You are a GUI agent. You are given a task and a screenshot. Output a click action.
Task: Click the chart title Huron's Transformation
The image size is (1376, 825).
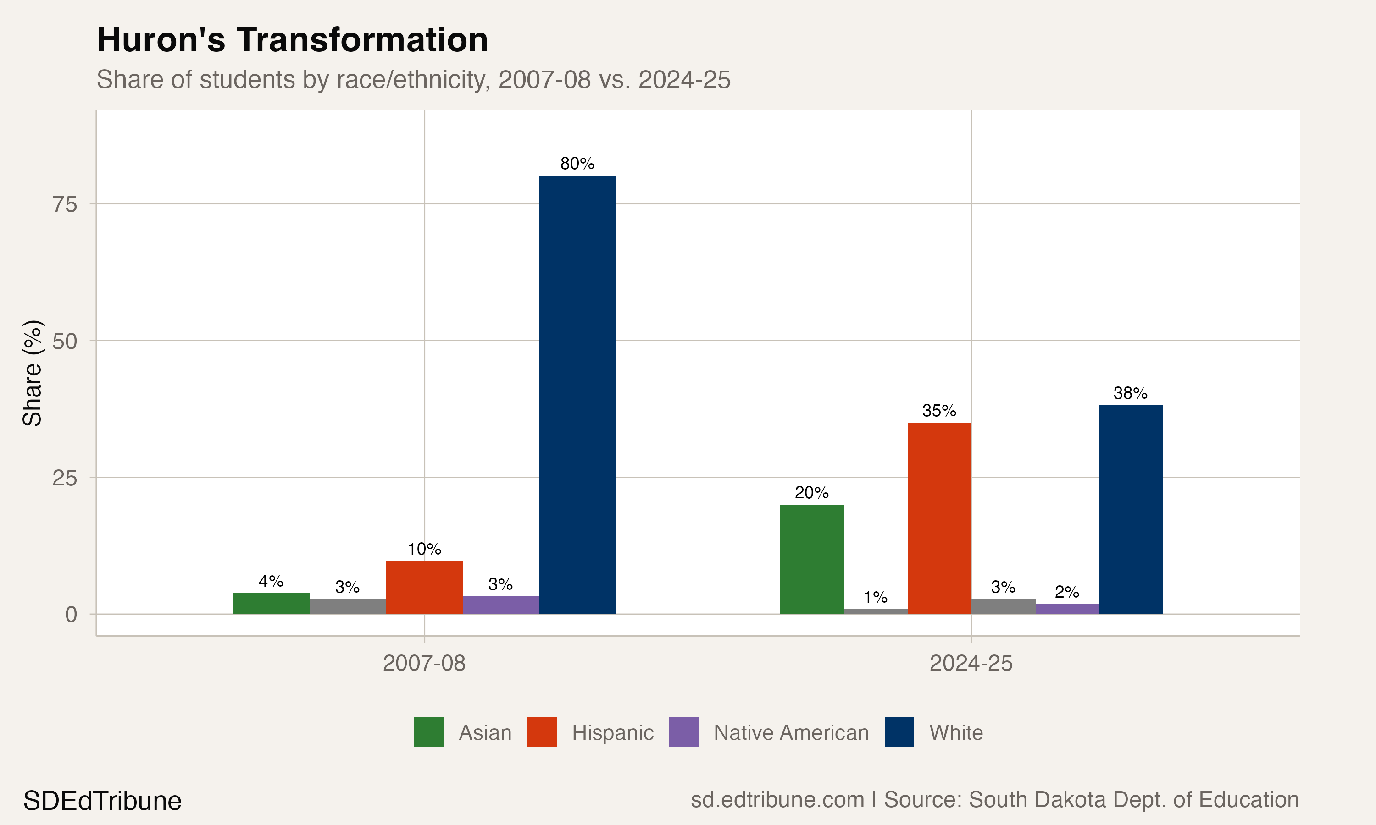point(292,41)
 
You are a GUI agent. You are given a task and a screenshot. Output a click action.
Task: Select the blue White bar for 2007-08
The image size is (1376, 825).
point(577,395)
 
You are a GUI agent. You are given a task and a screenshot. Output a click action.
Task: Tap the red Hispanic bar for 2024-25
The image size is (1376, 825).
point(939,518)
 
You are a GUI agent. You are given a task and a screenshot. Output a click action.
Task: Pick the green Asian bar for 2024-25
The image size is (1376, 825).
point(811,559)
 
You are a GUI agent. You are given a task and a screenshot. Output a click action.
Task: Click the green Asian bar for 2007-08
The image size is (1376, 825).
point(271,604)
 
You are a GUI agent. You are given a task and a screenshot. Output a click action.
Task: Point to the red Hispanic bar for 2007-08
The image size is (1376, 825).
point(424,588)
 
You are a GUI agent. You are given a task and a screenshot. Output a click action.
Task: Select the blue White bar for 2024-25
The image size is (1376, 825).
point(1131,509)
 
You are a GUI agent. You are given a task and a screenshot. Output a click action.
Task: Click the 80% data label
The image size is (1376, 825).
point(577,164)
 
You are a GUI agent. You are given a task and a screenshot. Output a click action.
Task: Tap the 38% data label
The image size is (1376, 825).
point(1130,393)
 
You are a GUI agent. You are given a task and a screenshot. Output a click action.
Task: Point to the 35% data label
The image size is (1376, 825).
point(939,411)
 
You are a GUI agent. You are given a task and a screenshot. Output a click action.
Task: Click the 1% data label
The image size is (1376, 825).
point(876,598)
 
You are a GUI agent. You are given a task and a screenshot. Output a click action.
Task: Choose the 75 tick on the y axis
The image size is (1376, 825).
point(65,204)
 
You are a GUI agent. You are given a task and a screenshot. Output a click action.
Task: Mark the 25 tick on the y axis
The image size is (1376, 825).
point(65,478)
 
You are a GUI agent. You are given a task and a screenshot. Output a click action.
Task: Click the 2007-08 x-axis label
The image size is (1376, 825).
point(424,663)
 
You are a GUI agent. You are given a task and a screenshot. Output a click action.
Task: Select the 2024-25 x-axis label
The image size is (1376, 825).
point(971,663)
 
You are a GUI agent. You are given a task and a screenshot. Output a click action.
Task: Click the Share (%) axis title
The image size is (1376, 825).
point(32,374)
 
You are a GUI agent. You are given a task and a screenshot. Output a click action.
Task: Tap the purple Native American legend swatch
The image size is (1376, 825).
point(683,732)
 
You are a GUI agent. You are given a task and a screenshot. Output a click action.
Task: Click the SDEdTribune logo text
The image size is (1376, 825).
point(102,801)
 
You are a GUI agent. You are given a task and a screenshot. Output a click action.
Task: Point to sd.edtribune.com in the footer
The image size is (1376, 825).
point(777,800)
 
